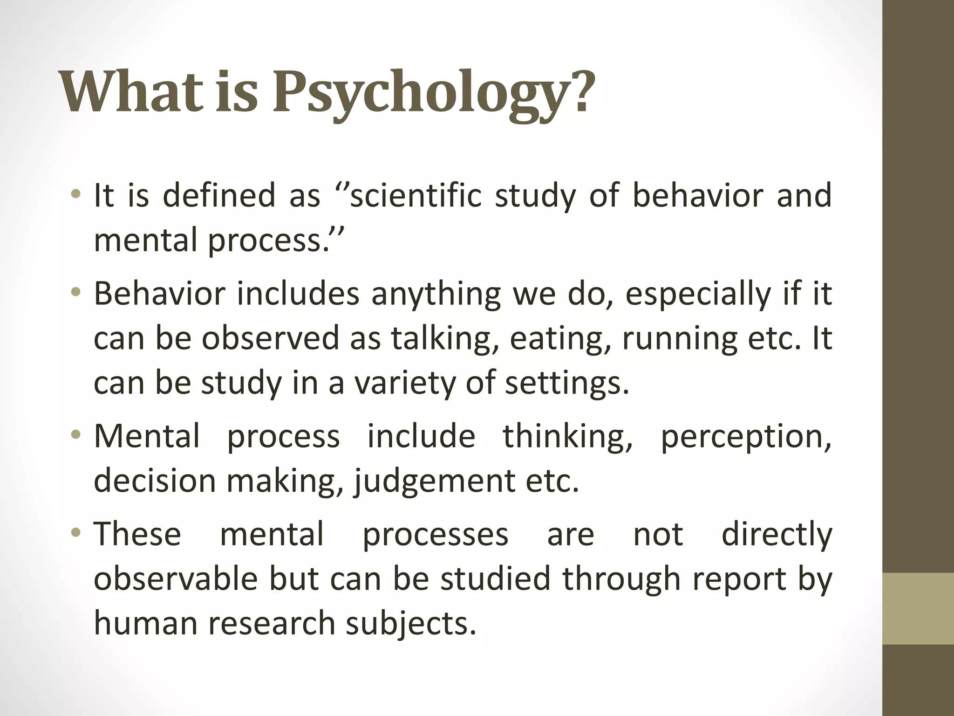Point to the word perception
[x=746, y=437]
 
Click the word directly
[x=777, y=535]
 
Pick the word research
[x=275, y=623]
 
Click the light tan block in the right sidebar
[x=918, y=608]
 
